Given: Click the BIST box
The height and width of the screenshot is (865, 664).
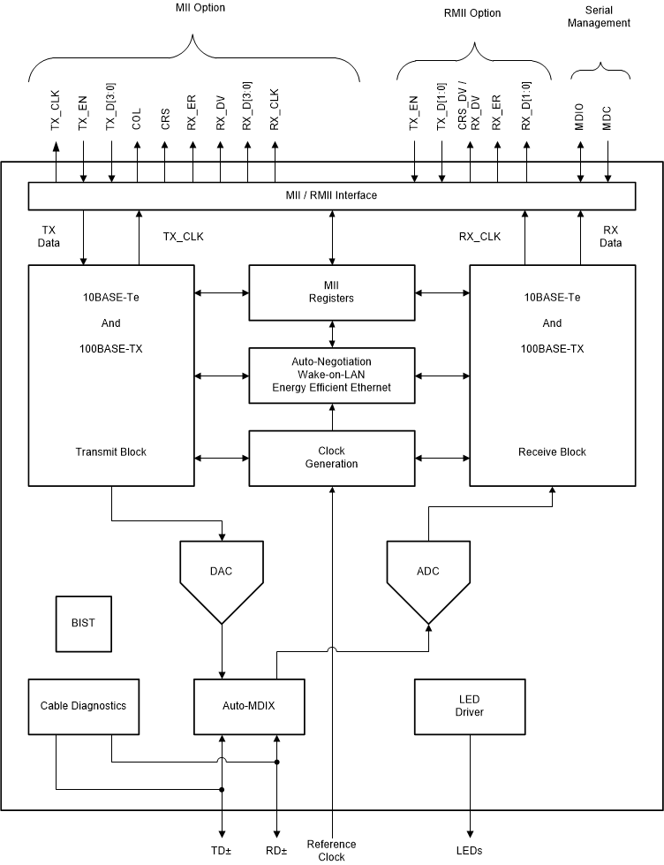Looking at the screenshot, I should click(x=83, y=623).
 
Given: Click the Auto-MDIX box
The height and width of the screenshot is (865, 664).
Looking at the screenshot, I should click(x=249, y=706).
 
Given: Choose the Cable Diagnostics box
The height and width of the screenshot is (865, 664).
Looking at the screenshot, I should click(x=83, y=706).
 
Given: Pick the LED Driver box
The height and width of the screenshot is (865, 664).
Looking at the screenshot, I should click(x=469, y=706).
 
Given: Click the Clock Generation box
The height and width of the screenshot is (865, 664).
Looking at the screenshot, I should click(x=331, y=458).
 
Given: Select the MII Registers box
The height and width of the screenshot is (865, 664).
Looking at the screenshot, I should click(x=331, y=292).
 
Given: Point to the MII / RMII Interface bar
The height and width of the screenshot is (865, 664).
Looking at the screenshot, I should click(x=331, y=195).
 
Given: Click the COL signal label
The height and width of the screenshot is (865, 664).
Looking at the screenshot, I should click(x=138, y=119).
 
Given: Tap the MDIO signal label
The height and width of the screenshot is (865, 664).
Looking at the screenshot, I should click(x=580, y=120).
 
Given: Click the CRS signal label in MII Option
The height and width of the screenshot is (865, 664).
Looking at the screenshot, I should click(x=166, y=120).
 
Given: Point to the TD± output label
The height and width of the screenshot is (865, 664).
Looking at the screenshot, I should click(x=222, y=850).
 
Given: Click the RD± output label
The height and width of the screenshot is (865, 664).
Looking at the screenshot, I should click(x=276, y=850).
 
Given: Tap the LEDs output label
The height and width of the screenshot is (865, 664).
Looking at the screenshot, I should click(x=469, y=850).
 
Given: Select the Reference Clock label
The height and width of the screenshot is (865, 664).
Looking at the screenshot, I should click(x=331, y=850).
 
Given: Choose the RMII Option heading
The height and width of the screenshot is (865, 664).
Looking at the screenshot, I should click(x=472, y=13).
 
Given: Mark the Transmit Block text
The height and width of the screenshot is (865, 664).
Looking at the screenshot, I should click(x=110, y=451).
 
